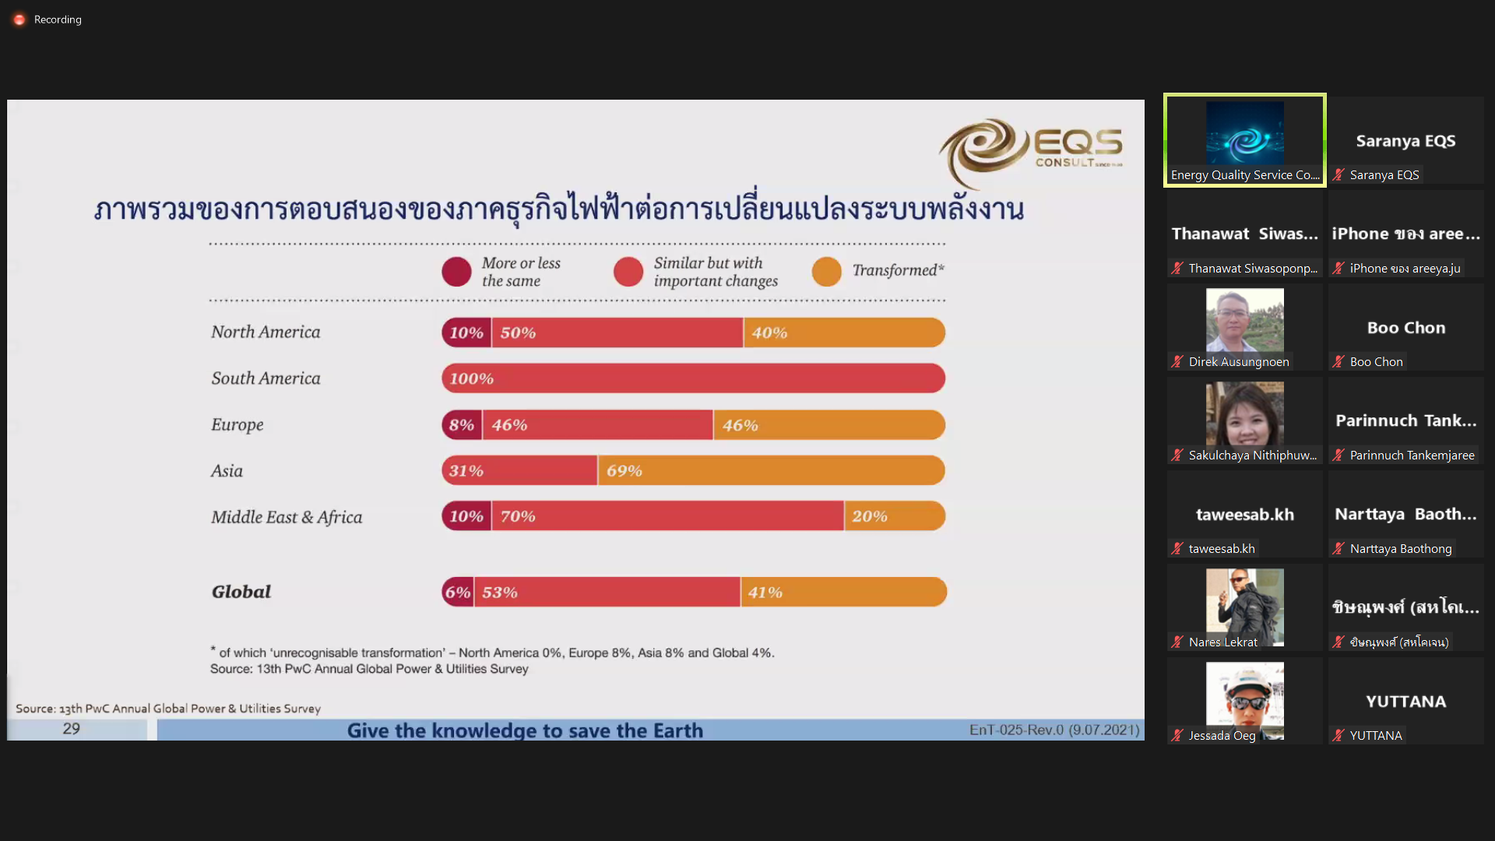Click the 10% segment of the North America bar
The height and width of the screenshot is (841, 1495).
(466, 333)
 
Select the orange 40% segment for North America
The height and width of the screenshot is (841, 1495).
(845, 333)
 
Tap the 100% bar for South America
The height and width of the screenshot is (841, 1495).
(694, 378)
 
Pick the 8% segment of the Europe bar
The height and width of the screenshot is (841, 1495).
(462, 425)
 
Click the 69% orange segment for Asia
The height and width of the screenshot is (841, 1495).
(772, 470)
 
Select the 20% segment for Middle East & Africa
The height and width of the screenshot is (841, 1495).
(895, 516)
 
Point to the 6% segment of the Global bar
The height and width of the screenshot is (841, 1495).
(458, 592)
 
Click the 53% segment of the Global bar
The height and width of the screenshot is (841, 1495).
(607, 592)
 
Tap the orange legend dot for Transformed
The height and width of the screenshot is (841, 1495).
(826, 272)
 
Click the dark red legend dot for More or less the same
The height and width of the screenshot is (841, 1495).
(456, 272)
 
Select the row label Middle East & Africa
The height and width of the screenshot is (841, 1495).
(287, 517)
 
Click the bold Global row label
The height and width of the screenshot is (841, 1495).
(241, 592)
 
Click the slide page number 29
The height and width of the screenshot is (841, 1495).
(71, 729)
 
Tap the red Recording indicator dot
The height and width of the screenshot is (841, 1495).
(19, 19)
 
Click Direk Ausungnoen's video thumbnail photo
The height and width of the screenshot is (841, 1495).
(1244, 320)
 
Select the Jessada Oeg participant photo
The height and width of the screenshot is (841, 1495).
(1244, 699)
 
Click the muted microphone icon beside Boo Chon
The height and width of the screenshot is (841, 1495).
(1338, 361)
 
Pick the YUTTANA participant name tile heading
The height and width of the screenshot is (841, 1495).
(1405, 702)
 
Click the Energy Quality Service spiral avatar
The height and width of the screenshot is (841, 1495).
(1244, 133)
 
